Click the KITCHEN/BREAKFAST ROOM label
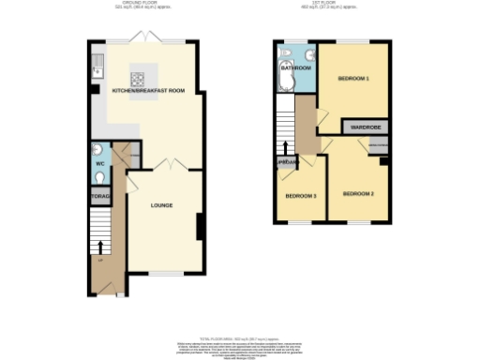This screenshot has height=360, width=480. [148, 91]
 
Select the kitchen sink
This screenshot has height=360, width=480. [97, 67]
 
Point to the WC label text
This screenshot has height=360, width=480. [100, 165]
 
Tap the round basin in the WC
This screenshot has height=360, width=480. [97, 149]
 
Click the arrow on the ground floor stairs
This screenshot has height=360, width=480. [100, 247]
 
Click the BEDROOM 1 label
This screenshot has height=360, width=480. [353, 79]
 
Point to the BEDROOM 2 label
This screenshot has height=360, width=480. [358, 193]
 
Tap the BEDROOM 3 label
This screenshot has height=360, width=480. [301, 196]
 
